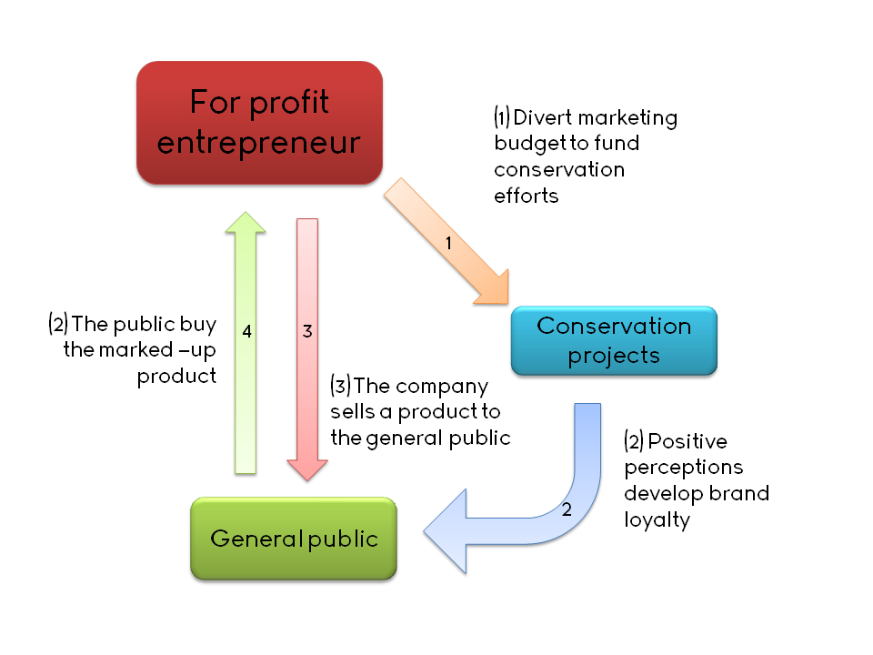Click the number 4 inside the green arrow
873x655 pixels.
coord(246,332)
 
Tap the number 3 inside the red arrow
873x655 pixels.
coord(307,332)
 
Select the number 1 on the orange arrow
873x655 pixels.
coord(447,243)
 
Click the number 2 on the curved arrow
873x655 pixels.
coord(567,509)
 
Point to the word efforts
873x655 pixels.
coord(526,196)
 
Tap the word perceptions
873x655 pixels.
coord(683,468)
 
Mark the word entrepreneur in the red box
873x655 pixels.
coord(259,143)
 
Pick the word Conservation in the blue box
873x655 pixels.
coord(614,326)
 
